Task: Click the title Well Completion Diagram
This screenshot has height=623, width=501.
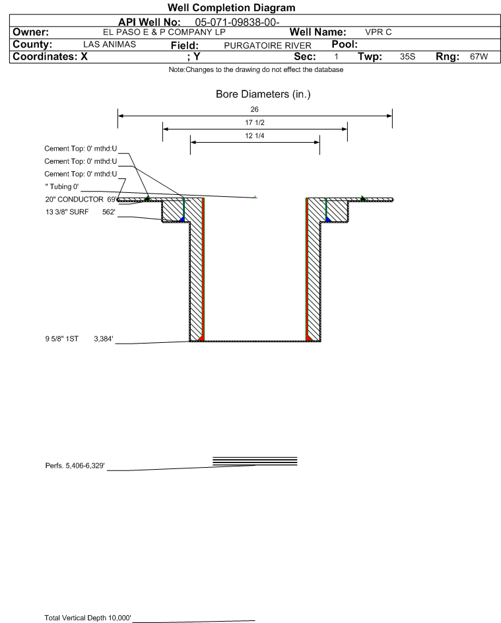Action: coord(231,8)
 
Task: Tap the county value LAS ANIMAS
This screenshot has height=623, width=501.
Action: coord(110,44)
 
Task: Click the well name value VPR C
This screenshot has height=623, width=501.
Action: coord(379,32)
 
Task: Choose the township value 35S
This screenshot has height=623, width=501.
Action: coord(407,57)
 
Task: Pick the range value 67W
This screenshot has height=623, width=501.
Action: coord(479,57)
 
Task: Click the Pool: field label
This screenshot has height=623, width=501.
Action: coord(343,44)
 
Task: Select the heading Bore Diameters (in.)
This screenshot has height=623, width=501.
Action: coord(263,94)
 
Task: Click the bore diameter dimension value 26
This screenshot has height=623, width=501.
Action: coord(255,110)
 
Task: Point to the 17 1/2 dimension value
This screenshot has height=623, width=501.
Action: coord(255,123)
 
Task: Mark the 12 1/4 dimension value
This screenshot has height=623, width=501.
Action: coord(255,136)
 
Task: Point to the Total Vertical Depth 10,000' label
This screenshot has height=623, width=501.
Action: coord(88,617)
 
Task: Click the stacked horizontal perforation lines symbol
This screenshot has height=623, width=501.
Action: coord(255,461)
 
